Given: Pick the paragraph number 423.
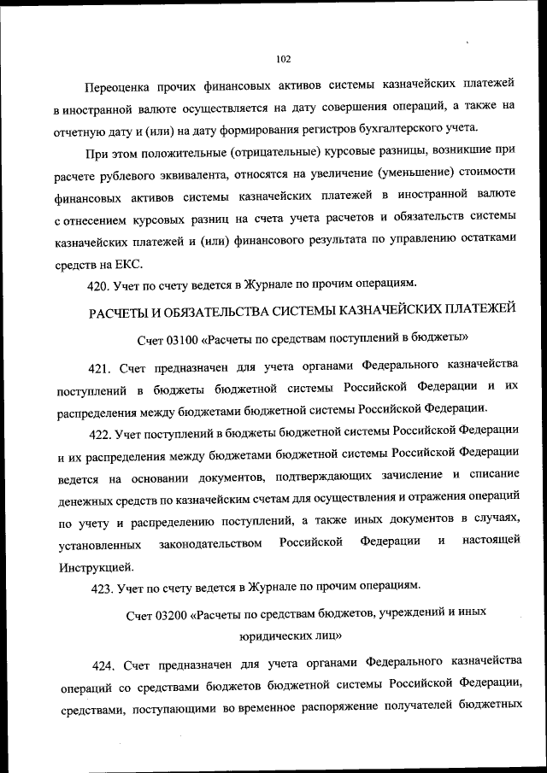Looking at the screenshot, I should tap(103, 587).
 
